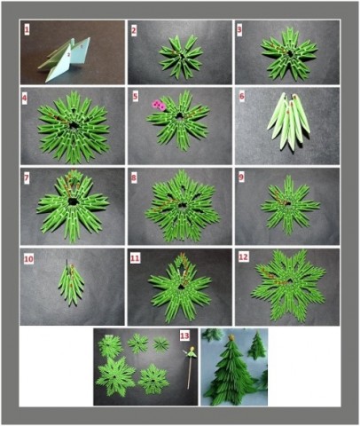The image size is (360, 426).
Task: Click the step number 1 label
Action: point(27,29)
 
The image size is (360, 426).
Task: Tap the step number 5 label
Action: point(135,97)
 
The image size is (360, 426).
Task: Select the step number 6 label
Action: point(242,97)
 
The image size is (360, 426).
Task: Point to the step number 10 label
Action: point(28,259)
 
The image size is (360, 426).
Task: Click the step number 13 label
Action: point(184,335)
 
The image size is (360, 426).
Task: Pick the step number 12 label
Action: point(243,257)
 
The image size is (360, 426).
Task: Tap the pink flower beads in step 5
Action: point(159,105)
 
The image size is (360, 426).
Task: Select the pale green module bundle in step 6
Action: point(289,121)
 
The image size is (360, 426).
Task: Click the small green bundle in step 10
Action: point(71,283)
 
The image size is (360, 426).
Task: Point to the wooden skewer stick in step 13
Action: point(189,371)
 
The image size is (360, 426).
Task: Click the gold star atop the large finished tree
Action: point(231,337)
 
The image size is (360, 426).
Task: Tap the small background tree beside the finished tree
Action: point(257,345)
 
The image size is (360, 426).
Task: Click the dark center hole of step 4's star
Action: point(73,126)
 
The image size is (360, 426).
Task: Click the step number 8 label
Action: point(134,178)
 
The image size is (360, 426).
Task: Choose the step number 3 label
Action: point(239,29)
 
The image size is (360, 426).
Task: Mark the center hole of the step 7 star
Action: point(73,201)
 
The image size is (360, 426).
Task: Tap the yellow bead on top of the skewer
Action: point(192,349)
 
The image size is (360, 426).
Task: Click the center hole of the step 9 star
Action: point(287,203)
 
